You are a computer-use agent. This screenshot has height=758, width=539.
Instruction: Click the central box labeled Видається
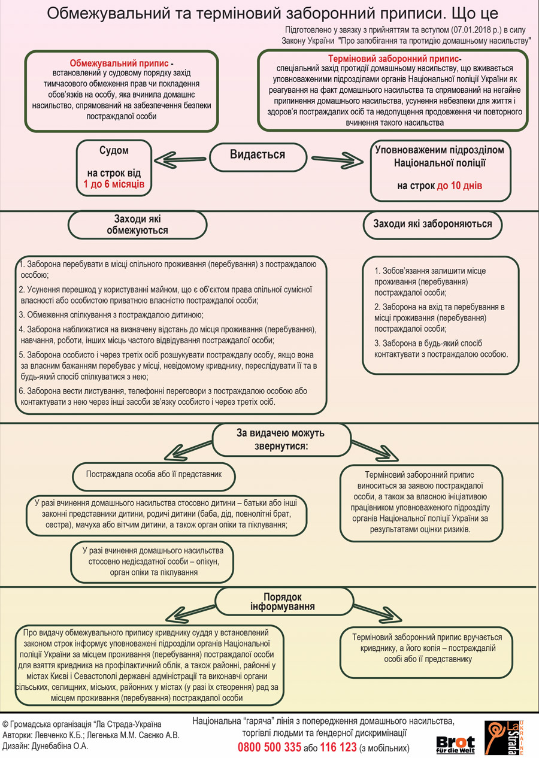click(x=258, y=157)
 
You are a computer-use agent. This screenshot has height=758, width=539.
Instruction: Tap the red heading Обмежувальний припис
click(x=119, y=63)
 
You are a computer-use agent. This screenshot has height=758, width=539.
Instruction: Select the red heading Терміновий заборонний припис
click(x=393, y=59)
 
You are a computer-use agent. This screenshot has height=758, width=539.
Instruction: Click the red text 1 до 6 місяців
click(x=114, y=184)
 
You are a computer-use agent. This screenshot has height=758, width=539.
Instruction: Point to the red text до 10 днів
click(x=459, y=186)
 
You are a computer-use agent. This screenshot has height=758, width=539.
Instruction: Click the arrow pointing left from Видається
click(x=180, y=160)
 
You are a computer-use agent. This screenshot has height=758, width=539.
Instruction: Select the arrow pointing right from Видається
click(x=337, y=160)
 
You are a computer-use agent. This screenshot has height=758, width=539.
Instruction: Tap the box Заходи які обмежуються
click(x=138, y=225)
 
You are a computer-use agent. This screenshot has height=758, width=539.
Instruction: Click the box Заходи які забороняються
click(x=432, y=225)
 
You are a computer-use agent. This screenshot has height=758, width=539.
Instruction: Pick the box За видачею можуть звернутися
click(x=281, y=440)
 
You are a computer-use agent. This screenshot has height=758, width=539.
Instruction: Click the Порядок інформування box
click(x=284, y=602)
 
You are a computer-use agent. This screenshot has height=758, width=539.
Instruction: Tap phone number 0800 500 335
click(x=269, y=747)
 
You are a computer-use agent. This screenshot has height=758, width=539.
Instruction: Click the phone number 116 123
click(x=338, y=747)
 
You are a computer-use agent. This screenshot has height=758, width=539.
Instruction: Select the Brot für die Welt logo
click(x=456, y=745)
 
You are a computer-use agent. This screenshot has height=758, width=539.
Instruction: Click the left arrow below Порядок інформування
click(x=190, y=614)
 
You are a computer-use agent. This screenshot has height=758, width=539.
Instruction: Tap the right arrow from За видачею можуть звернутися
click(x=375, y=451)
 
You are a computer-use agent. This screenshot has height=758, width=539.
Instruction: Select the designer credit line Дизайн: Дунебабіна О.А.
click(x=46, y=746)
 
